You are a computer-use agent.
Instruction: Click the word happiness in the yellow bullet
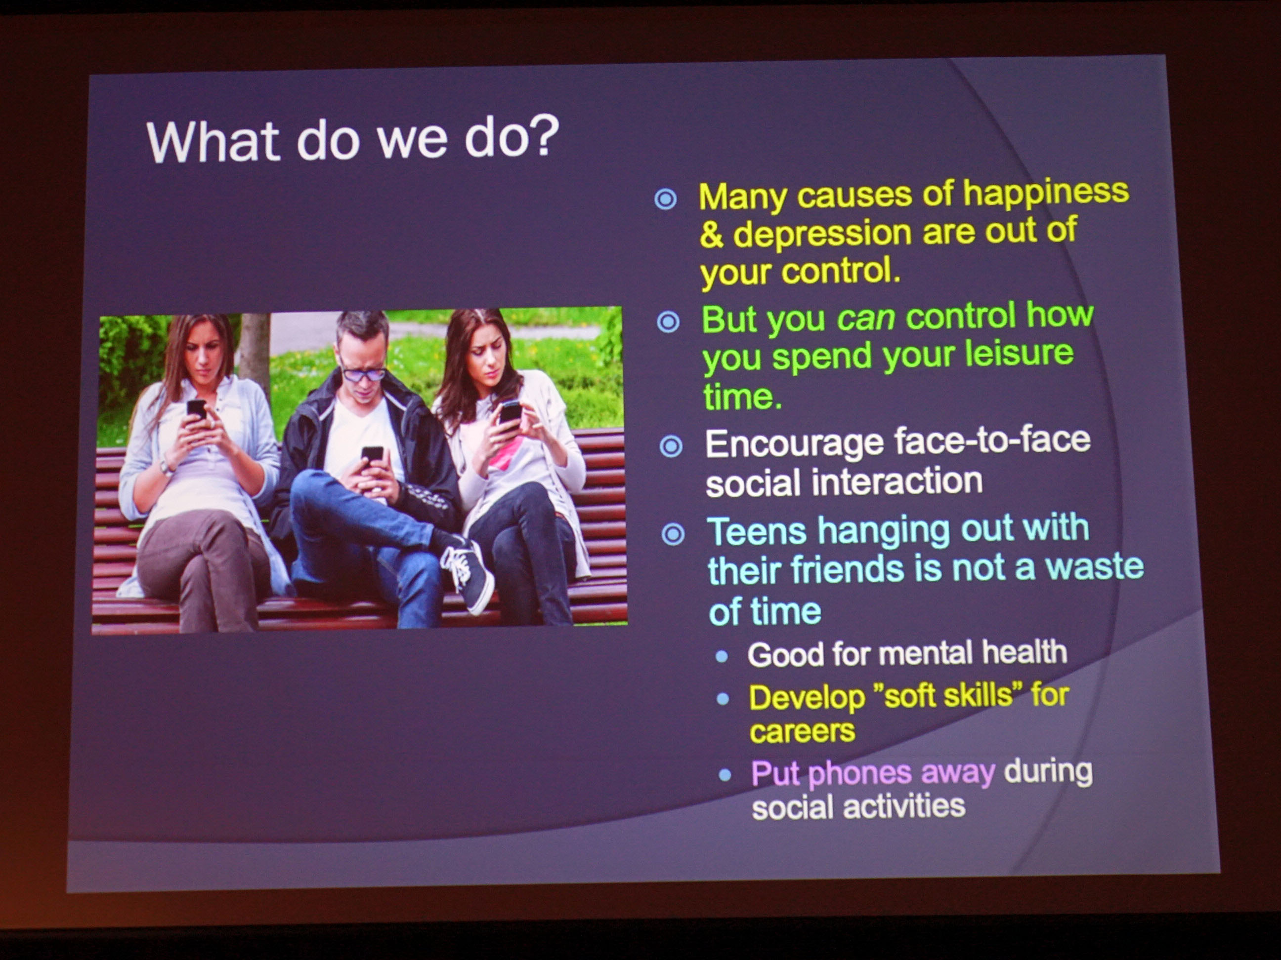(x=1046, y=192)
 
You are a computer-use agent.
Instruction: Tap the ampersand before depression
(x=711, y=235)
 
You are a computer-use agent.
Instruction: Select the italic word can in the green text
(x=866, y=318)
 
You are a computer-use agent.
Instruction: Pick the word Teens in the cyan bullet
(x=756, y=531)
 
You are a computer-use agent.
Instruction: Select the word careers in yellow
(x=802, y=731)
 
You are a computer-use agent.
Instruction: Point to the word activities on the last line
(x=903, y=806)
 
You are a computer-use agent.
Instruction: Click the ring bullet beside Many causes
(x=665, y=199)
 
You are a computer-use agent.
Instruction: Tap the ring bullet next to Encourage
(x=671, y=446)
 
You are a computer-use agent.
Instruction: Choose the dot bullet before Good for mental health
(x=722, y=656)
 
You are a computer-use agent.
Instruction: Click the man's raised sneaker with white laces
(x=468, y=573)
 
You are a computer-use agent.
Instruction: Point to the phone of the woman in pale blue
(x=196, y=409)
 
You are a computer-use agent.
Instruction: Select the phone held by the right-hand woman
(x=510, y=413)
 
